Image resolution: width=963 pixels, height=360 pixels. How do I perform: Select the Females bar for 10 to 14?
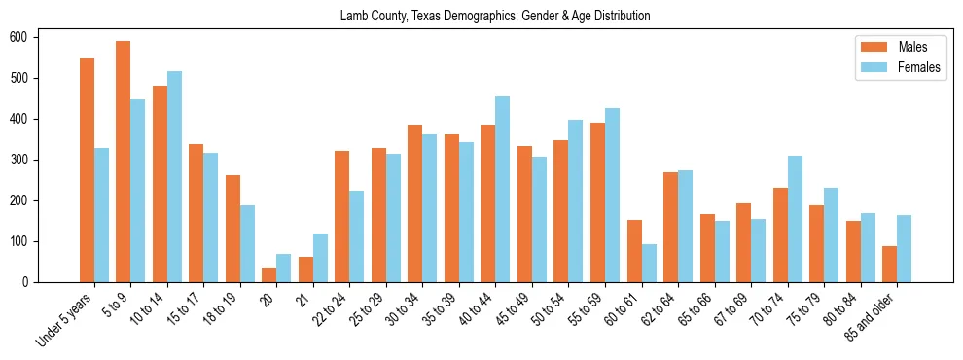(x=174, y=176)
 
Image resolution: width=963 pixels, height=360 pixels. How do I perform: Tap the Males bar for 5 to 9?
(x=124, y=162)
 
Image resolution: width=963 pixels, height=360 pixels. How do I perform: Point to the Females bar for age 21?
(x=320, y=258)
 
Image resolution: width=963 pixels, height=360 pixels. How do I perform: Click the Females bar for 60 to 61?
(x=649, y=263)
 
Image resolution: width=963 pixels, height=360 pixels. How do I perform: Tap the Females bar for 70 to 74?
(x=795, y=219)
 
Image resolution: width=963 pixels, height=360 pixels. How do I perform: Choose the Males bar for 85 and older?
(x=889, y=264)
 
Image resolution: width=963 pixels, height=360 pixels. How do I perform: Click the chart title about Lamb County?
(x=495, y=17)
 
